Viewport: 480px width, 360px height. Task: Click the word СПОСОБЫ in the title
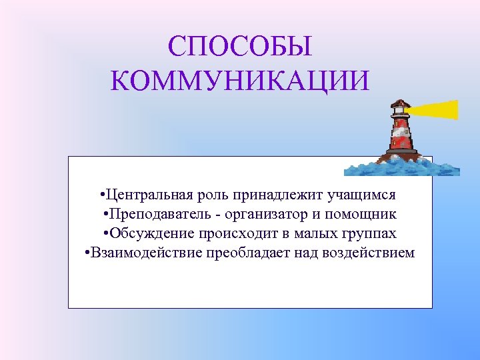click(239, 47)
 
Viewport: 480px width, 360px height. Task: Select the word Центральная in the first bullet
click(148, 195)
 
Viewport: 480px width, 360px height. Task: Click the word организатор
click(263, 215)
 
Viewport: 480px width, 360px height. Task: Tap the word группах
click(369, 234)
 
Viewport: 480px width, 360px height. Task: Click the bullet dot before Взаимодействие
click(88, 253)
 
